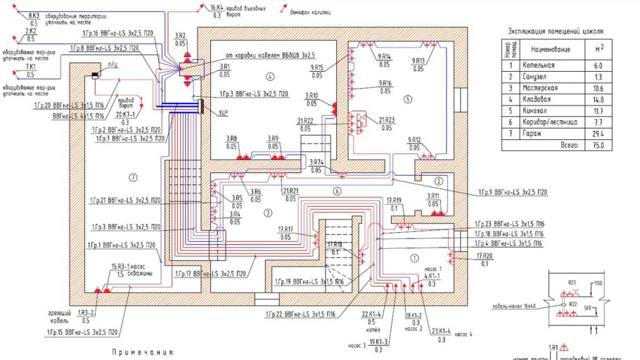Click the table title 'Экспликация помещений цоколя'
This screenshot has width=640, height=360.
click(x=556, y=32)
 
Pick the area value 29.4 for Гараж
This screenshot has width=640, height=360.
click(x=599, y=133)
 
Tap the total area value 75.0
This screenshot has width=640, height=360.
click(x=599, y=146)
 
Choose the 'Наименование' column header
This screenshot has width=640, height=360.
click(x=549, y=49)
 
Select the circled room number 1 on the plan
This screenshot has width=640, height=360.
click(x=414, y=257)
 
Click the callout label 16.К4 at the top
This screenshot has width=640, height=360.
click(x=217, y=7)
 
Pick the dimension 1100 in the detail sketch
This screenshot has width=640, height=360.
click(x=599, y=283)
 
